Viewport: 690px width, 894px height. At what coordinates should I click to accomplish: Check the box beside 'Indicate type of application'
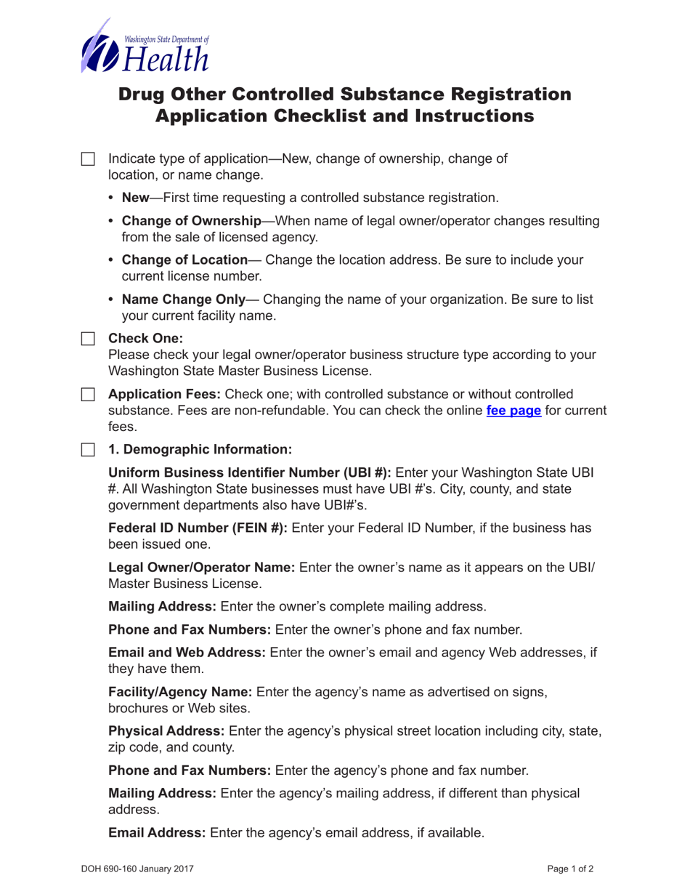[x=87, y=159]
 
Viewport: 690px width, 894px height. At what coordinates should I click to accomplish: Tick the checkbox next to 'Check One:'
[x=87, y=339]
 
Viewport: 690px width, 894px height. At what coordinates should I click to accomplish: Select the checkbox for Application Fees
[x=87, y=395]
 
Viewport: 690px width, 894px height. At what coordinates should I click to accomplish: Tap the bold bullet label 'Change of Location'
[x=184, y=260]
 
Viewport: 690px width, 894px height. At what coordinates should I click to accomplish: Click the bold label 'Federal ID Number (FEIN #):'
[x=198, y=528]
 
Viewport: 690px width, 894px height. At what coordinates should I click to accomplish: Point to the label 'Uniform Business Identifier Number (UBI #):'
[x=249, y=472]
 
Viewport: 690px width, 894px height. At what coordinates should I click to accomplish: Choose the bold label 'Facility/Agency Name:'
[x=180, y=693]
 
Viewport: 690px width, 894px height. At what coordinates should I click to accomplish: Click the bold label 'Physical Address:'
[x=168, y=730]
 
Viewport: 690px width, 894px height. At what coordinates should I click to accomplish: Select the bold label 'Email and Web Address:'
[x=187, y=653]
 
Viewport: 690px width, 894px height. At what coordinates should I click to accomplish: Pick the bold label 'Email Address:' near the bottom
[x=157, y=833]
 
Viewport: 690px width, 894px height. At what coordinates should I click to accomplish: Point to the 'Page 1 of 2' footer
[x=571, y=868]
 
